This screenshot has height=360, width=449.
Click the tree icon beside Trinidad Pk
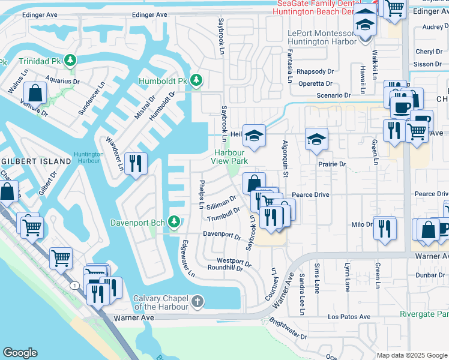(x=71, y=60)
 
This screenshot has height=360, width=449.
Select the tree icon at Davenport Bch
(x=174, y=223)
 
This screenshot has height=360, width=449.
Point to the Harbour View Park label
(x=231, y=157)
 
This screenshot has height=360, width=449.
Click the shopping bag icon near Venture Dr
(x=35, y=93)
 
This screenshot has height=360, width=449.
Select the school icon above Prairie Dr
(x=316, y=139)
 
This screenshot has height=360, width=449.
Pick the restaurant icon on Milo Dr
(x=384, y=228)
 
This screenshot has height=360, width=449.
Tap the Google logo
(x=20, y=353)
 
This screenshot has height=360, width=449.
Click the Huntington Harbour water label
(x=88, y=158)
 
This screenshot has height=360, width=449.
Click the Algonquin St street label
(x=286, y=158)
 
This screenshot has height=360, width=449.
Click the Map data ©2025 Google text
(x=412, y=355)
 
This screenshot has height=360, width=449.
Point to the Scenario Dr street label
(x=333, y=95)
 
